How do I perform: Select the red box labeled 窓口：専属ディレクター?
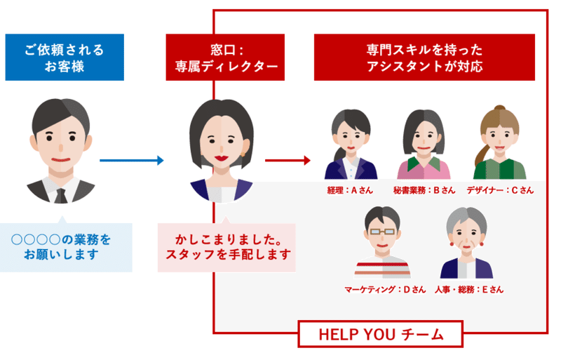pyautogui.click(x=222, y=58)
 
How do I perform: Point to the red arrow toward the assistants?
pyautogui.click(x=287, y=161)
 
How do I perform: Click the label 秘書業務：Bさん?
pyautogui.click(x=424, y=190)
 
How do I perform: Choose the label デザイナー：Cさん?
pyautogui.click(x=499, y=190)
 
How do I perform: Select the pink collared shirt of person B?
pyautogui.click(x=424, y=170)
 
